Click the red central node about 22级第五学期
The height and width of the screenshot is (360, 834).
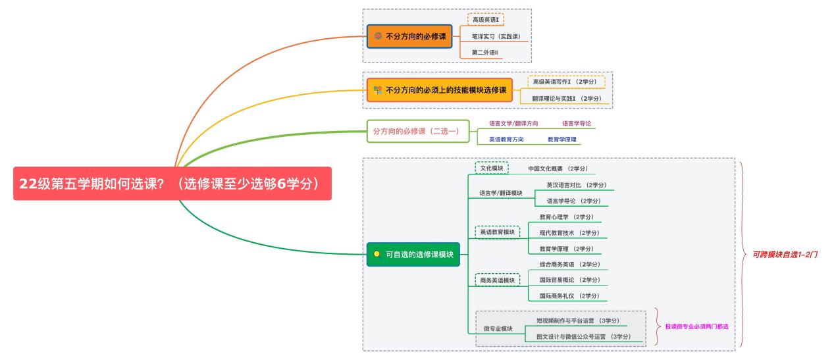[x=172, y=184]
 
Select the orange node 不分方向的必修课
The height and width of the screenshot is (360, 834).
[x=410, y=36]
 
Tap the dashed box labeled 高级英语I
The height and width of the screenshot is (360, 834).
[x=486, y=20]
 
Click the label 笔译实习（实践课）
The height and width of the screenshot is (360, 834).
[x=500, y=36]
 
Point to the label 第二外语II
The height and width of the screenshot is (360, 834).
[x=485, y=52]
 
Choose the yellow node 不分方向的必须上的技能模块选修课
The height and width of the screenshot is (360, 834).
[x=439, y=90]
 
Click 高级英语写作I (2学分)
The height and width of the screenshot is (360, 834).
[x=566, y=82]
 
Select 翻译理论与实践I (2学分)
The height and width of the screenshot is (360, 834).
[x=567, y=98]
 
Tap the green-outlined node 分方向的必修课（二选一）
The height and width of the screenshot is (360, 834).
[x=417, y=131]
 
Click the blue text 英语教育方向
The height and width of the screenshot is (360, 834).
[x=506, y=140]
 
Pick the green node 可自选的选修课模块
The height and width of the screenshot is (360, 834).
[x=413, y=254]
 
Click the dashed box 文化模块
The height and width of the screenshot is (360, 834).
[x=491, y=168]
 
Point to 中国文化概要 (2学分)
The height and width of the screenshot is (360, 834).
[x=558, y=169]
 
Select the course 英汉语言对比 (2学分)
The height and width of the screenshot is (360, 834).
[x=576, y=185]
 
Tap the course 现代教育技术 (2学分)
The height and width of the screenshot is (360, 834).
[x=569, y=233]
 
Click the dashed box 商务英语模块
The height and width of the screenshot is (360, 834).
[x=497, y=280]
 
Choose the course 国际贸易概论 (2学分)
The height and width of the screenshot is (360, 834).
[x=569, y=280]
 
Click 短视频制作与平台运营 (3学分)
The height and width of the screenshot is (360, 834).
[x=578, y=321]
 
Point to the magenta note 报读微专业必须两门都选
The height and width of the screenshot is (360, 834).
[x=696, y=326]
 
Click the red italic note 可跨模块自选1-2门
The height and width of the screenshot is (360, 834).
[x=785, y=254]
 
